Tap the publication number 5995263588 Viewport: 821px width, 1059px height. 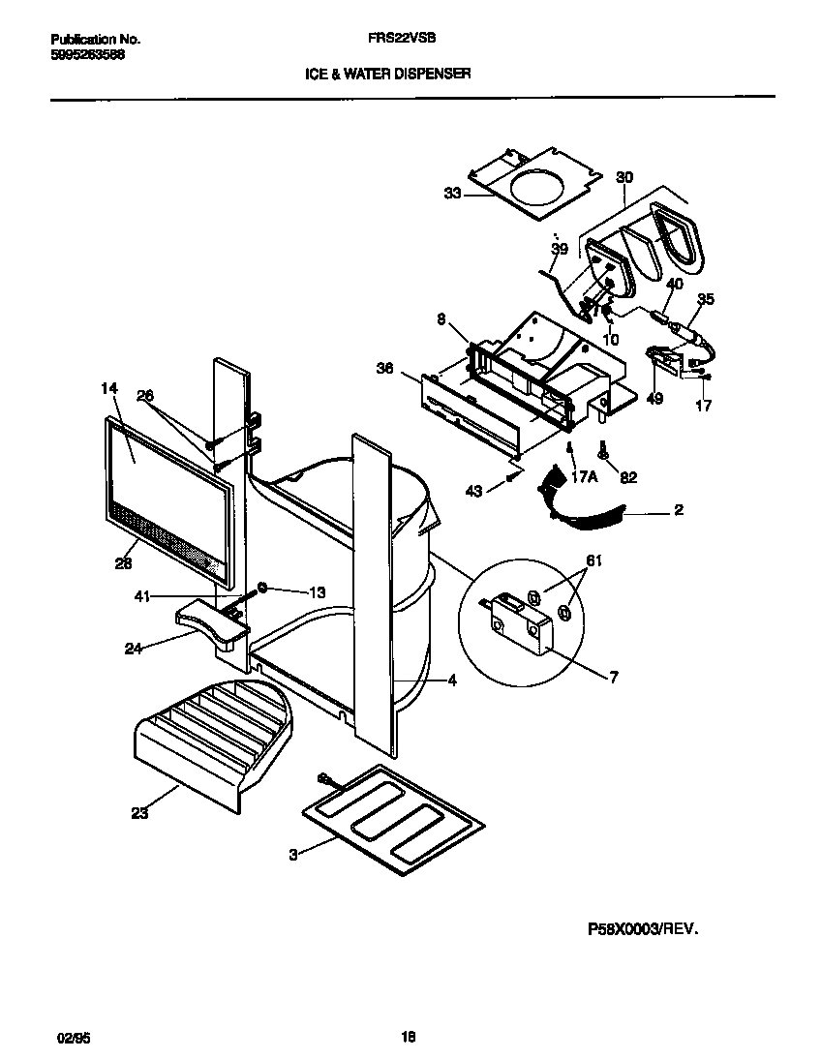click(86, 54)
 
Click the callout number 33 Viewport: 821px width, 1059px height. click(453, 194)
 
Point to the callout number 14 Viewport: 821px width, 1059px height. click(108, 389)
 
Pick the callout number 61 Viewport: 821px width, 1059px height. click(593, 560)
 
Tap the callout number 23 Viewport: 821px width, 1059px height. click(140, 814)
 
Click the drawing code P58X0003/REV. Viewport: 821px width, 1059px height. click(642, 927)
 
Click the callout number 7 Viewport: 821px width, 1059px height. click(614, 677)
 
